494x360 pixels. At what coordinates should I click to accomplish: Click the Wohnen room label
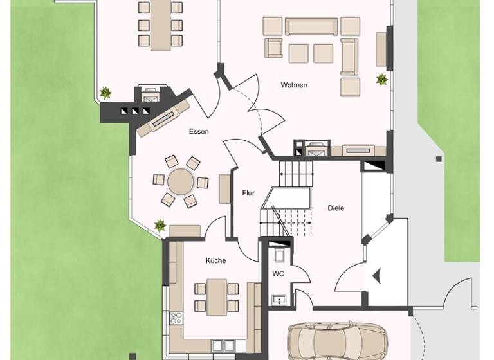294,85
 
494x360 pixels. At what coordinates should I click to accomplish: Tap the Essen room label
199,131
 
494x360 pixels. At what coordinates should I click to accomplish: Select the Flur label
248,193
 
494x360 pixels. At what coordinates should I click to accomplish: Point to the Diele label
336,208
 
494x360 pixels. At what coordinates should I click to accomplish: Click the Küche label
215,260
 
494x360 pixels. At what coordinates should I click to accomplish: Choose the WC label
279,273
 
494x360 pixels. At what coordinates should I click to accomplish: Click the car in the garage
337,339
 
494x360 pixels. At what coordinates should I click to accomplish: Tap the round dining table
181,181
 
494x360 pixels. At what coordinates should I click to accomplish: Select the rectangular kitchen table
216,295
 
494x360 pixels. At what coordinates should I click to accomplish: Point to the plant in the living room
382,80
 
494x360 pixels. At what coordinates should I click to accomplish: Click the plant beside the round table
160,226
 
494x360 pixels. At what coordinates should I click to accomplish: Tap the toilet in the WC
280,255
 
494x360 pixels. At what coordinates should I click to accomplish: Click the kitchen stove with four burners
176,318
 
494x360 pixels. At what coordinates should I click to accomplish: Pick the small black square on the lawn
439,158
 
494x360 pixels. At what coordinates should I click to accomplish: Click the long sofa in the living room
311,26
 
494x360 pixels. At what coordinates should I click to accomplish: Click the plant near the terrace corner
105,93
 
